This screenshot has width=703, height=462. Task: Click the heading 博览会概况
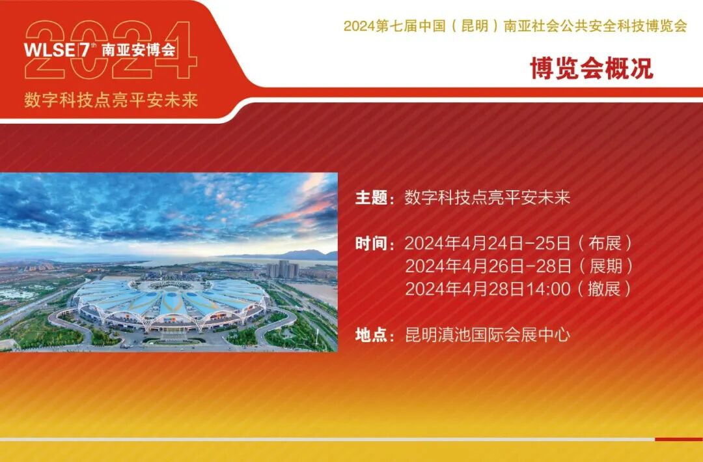point(591,68)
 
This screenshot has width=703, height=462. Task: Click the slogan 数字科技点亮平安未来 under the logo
point(111,100)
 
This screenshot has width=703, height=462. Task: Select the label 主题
point(370,197)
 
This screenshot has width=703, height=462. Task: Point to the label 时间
point(370,244)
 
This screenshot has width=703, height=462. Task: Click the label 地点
point(370,335)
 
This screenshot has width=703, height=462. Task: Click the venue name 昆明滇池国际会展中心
point(487,335)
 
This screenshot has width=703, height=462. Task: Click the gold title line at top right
point(515,26)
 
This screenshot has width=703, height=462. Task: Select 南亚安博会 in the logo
point(139,50)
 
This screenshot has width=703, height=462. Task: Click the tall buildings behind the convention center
point(282,268)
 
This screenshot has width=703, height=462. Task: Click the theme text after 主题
point(487,197)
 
